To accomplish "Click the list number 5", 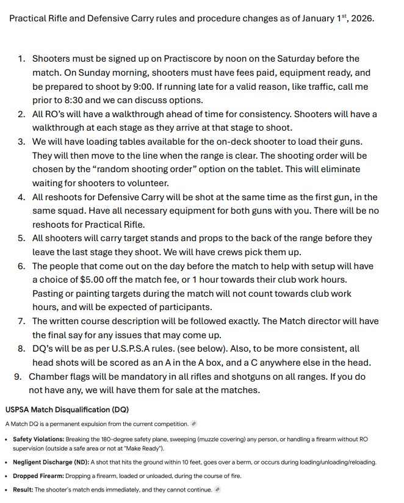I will click(21, 238).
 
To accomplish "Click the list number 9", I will click(18, 376).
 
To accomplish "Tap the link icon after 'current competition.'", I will click(193, 424).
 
